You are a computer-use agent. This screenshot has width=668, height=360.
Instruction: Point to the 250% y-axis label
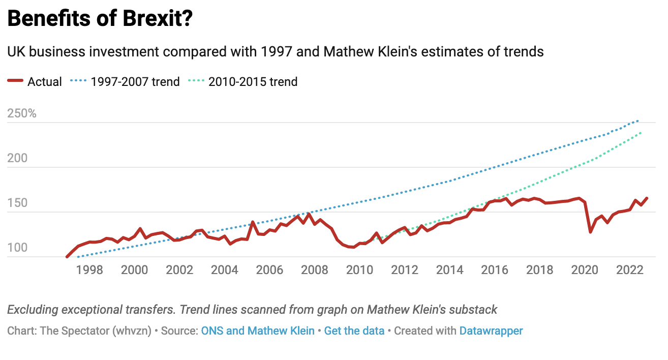click(22, 113)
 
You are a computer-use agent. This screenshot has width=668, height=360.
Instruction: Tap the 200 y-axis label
click(17, 159)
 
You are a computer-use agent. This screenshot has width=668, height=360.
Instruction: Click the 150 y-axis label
click(17, 203)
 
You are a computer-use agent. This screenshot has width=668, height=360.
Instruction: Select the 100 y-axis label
click(17, 248)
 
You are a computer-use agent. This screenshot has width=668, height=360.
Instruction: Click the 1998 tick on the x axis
click(89, 269)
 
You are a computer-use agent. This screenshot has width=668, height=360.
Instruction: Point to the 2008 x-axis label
click(315, 269)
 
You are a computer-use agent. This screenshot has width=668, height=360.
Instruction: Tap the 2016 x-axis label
click(495, 269)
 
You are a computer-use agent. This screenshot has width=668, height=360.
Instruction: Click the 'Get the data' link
click(354, 331)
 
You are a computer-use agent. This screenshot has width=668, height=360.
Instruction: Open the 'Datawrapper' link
click(491, 331)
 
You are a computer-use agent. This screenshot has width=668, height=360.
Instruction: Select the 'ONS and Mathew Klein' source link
click(258, 331)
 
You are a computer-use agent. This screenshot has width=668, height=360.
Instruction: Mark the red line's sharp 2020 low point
click(590, 232)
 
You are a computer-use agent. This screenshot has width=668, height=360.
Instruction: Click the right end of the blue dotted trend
click(639, 121)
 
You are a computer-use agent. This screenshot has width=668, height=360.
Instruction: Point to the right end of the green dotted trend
click(642, 132)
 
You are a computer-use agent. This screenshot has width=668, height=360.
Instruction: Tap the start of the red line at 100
click(67, 257)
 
